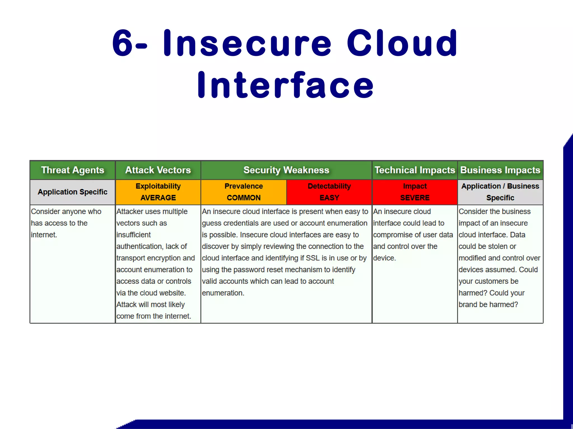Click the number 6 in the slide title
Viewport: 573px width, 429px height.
coord(122,43)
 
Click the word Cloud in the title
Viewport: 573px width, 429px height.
coord(402,43)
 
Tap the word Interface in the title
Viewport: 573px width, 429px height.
coord(285,85)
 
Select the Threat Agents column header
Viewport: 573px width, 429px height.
coord(72,170)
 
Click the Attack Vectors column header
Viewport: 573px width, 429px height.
coord(158,170)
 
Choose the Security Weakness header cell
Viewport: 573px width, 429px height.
coord(286,170)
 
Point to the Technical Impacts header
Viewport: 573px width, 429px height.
coord(415,170)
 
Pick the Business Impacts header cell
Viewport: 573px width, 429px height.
coord(500,170)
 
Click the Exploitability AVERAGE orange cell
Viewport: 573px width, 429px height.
coord(158,192)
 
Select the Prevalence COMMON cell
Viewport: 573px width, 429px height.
coord(243,192)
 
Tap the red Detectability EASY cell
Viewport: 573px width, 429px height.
coord(329,192)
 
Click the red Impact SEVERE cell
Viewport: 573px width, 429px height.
coord(415,192)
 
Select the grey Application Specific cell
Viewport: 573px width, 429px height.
coord(72,192)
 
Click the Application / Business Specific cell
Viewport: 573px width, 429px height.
coord(500,192)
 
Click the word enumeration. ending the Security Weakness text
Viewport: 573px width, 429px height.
coord(223,293)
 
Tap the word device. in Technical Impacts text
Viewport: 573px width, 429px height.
coord(384,258)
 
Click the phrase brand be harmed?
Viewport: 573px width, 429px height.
coord(488,304)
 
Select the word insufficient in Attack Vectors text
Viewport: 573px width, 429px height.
coord(133,235)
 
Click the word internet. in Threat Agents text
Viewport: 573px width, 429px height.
coord(44,235)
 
